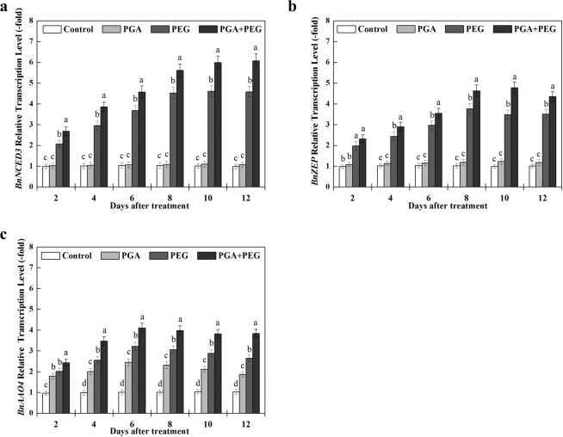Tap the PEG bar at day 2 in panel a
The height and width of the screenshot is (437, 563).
point(59,164)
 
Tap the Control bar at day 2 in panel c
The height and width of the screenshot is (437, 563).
point(45,403)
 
